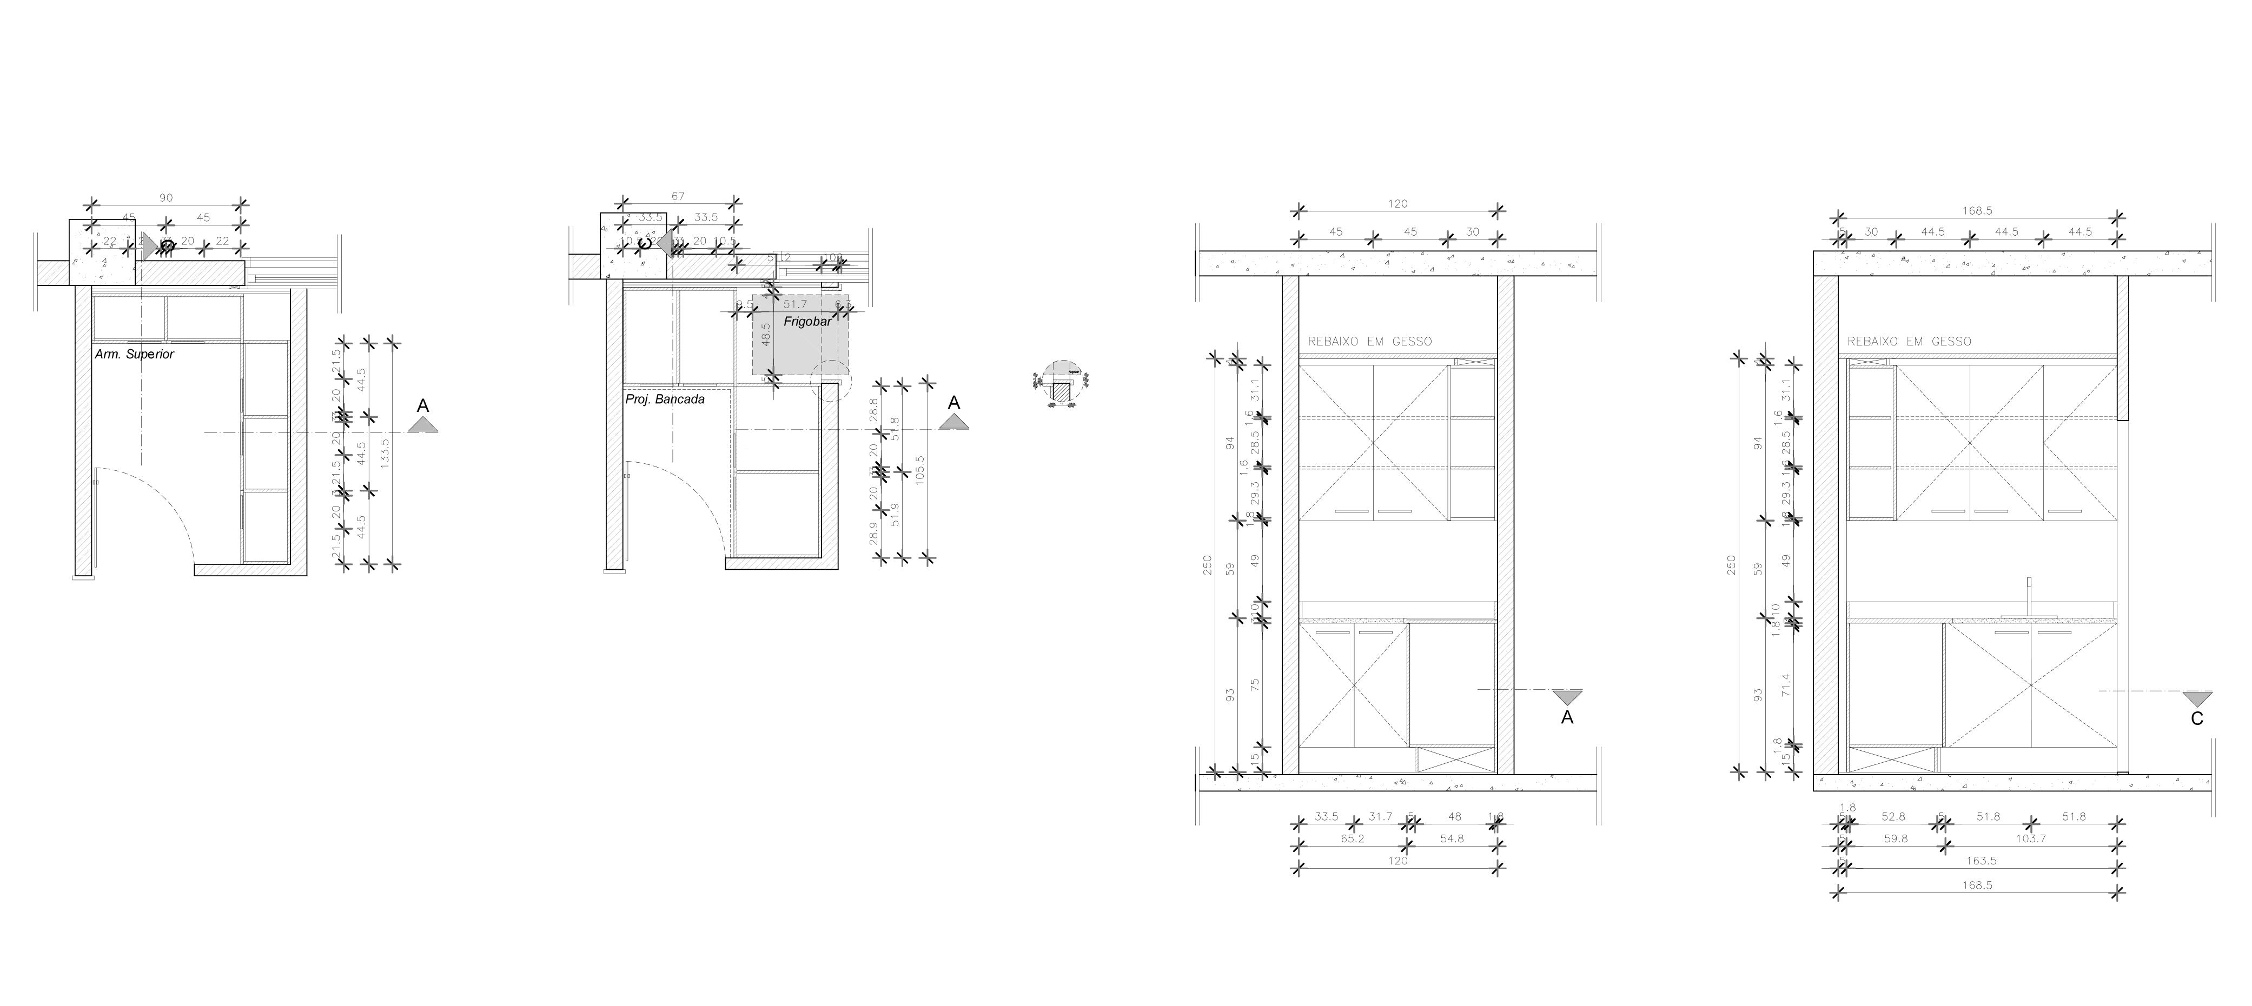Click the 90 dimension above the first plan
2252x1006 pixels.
[166, 198]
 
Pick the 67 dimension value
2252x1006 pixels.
[678, 196]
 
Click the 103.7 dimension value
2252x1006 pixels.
[2030, 838]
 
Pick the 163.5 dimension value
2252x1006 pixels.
[1980, 861]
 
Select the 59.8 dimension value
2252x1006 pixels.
[1895, 838]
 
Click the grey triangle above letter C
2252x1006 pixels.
[2197, 698]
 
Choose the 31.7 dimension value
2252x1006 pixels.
[1380, 816]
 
